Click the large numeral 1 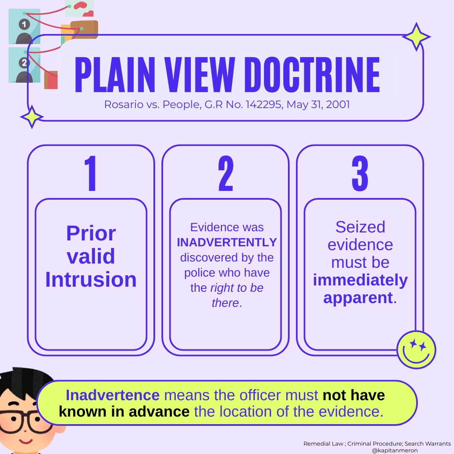(91, 174)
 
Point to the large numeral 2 (226, 174)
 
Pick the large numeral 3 (360, 174)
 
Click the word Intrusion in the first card (91, 280)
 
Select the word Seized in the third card (360, 227)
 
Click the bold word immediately (360, 280)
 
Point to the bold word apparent (358, 297)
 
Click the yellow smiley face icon (416, 349)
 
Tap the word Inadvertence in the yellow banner (113, 395)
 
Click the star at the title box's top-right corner (416, 37)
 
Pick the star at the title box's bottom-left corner (32, 117)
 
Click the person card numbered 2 (24, 65)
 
